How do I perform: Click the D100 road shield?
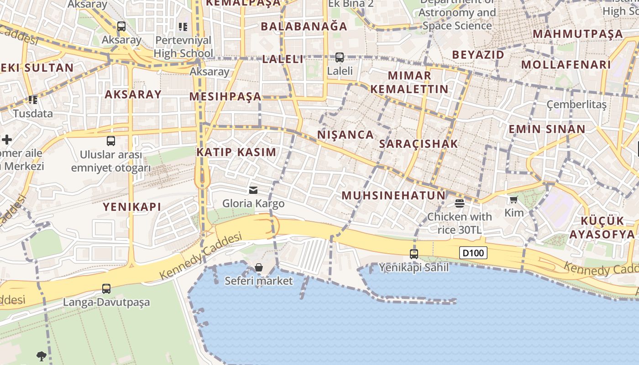473,253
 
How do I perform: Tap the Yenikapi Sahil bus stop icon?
414,254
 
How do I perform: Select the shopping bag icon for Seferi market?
259,267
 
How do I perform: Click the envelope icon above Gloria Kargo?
253,190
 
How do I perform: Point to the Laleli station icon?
339,57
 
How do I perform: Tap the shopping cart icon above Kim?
514,199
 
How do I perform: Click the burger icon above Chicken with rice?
459,203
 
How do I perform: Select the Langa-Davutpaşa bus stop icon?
106,288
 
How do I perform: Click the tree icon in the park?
42,355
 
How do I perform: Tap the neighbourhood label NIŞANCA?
346,135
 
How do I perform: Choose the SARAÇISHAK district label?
418,144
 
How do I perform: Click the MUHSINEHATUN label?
393,196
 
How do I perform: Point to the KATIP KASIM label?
236,152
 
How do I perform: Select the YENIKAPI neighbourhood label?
132,207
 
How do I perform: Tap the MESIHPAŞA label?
225,96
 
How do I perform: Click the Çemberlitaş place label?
577,104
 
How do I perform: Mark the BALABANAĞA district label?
304,26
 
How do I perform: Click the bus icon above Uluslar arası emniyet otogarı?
111,141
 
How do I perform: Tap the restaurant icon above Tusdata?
32,99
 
